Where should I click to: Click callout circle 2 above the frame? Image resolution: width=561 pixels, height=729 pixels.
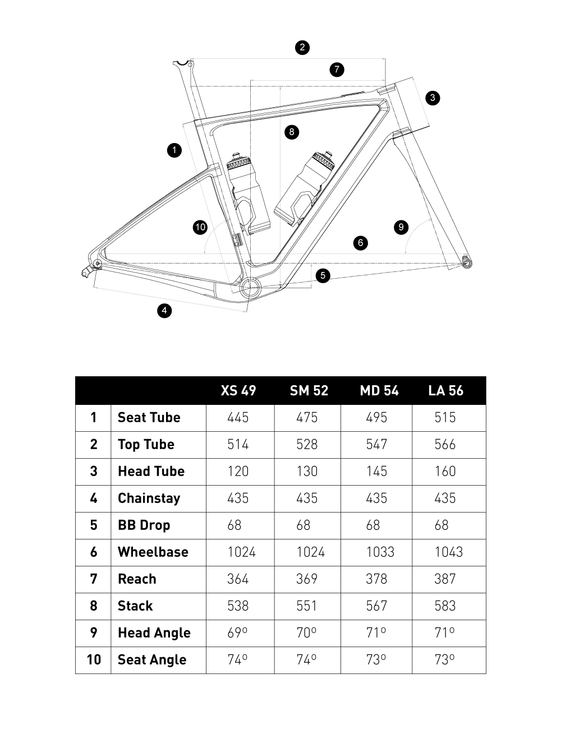click(302, 47)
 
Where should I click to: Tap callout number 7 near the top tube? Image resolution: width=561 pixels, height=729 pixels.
click(337, 70)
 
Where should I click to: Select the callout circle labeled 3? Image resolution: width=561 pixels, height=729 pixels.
click(433, 98)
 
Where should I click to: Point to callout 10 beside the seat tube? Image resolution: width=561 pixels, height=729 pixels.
click(200, 227)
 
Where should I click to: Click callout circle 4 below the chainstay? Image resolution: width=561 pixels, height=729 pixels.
click(164, 310)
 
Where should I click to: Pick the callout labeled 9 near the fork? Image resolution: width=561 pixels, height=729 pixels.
click(401, 227)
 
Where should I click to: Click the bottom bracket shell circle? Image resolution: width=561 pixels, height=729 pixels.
click(250, 287)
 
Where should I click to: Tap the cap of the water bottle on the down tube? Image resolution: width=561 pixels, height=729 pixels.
click(324, 159)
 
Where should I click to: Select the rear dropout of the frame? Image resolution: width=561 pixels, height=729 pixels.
click(96, 263)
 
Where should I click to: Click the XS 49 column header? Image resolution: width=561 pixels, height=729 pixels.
click(238, 390)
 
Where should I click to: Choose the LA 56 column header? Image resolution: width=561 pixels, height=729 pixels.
click(446, 390)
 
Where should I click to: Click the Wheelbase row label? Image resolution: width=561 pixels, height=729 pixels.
click(153, 552)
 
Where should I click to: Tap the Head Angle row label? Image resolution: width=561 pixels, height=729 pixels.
click(154, 633)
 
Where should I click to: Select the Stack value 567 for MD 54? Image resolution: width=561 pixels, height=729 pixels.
click(376, 606)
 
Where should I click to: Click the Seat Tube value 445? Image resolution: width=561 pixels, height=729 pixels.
click(238, 417)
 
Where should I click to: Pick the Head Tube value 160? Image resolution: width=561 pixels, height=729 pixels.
click(445, 471)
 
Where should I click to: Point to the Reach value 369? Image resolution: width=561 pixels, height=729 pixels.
click(307, 579)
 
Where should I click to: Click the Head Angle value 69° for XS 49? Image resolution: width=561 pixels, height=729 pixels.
click(238, 633)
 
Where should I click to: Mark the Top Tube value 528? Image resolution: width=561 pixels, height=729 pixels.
click(307, 444)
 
